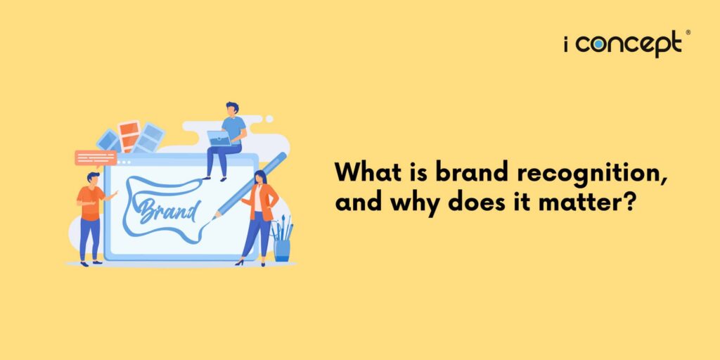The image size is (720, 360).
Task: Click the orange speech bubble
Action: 95,157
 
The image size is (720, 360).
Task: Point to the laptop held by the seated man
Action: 219,139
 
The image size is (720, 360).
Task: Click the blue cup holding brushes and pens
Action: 282,249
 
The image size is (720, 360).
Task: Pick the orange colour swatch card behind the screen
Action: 129,136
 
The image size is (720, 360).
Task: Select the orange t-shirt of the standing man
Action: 91,203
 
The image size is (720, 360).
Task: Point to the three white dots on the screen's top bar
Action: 124,162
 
